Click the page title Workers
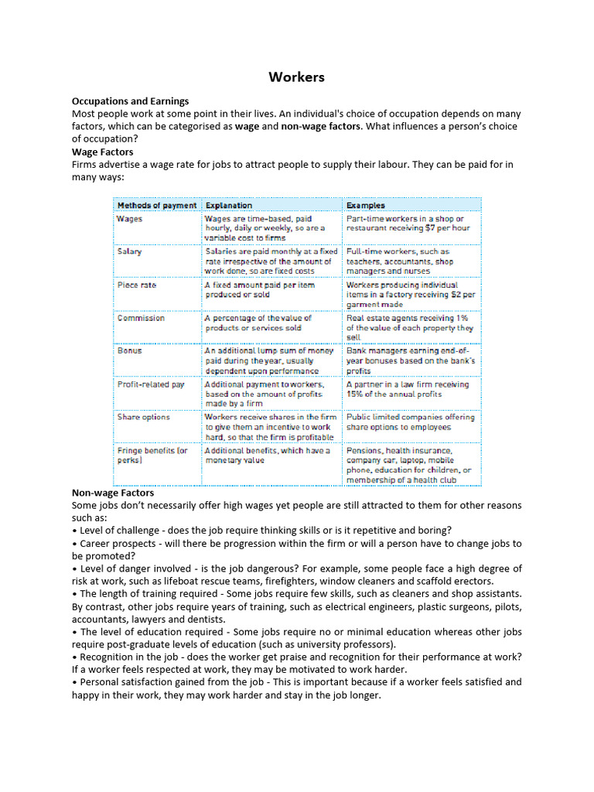point(296,77)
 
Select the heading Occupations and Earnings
point(130,101)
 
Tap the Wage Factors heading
point(102,152)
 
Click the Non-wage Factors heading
point(113,493)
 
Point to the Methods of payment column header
point(156,205)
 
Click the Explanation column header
point(228,205)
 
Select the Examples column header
point(365,205)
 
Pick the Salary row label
point(129,251)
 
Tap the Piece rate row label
point(136,285)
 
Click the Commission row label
point(141,318)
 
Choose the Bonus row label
point(129,350)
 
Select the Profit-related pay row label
point(151,384)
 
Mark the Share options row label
point(143,417)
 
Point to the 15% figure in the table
point(355,394)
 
